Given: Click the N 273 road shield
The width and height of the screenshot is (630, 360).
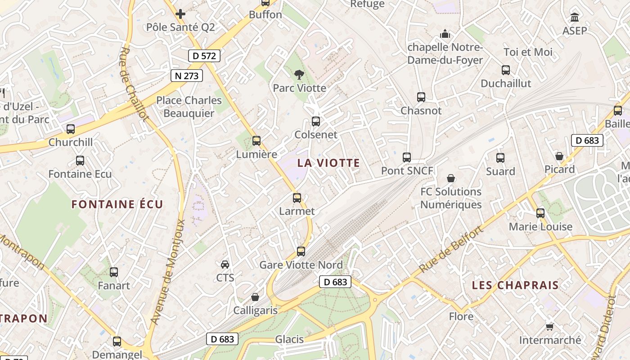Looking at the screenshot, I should [187, 76].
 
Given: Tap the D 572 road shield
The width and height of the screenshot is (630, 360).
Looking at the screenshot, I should [204, 56].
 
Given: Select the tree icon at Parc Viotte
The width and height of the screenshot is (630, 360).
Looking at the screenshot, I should [299, 75].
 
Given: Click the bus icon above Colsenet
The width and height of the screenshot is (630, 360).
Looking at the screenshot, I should [316, 121].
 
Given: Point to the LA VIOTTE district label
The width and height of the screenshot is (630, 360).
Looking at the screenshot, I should [329, 163].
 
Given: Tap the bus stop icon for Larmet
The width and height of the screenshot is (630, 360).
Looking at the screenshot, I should [297, 198].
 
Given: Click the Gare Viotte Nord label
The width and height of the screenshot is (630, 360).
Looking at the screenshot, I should [301, 265].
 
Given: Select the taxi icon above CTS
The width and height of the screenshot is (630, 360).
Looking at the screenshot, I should [225, 264].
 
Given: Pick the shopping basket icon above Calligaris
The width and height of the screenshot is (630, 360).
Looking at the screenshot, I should [255, 297].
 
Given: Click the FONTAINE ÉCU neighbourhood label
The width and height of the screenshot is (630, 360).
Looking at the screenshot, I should [117, 204].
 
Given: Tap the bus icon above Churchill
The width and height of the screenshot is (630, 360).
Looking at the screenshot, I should [71, 129].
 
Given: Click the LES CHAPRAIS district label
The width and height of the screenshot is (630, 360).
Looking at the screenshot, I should [515, 285].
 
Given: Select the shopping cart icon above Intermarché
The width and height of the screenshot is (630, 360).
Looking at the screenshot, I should [549, 326].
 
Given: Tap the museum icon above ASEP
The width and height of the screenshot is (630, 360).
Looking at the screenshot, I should [575, 18].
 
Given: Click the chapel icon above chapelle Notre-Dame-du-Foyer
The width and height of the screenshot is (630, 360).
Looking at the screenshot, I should [445, 34].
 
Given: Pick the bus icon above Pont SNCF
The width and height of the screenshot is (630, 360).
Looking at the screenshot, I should [407, 157].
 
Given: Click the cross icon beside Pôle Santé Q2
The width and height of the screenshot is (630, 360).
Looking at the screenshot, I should [180, 14].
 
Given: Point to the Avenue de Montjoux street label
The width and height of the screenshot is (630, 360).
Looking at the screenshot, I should [168, 272].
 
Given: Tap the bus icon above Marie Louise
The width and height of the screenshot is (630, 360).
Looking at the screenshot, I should [540, 213].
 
